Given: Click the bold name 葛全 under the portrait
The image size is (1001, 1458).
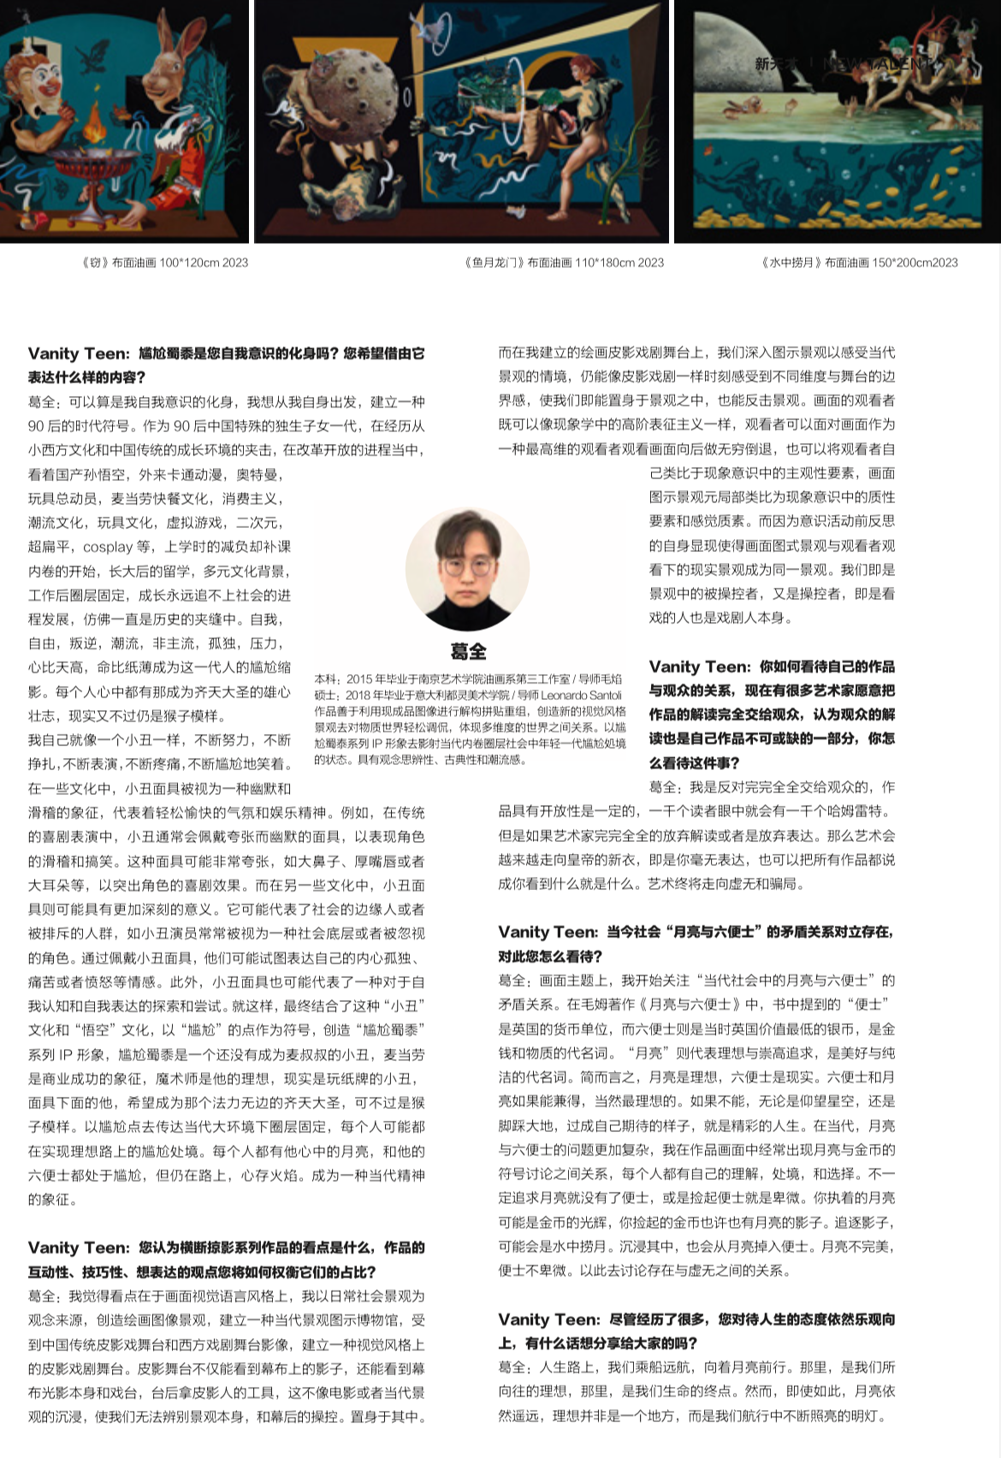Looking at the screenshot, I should pyautogui.click(x=468, y=652).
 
